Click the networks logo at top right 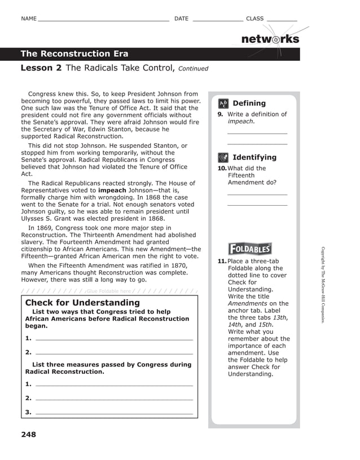pyautogui.click(x=270, y=39)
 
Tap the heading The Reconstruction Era pyautogui.click(x=74, y=54)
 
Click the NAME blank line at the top pyautogui.click(x=103, y=20)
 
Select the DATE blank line pyautogui.click(x=218, y=20)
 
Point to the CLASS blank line pyautogui.click(x=282, y=20)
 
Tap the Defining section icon pyautogui.click(x=223, y=103)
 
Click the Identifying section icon pyautogui.click(x=223, y=157)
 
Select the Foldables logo pyautogui.click(x=250, y=249)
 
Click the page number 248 pyautogui.click(x=28, y=435)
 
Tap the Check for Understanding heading pyautogui.click(x=82, y=303)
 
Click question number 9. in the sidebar pyautogui.click(x=221, y=114)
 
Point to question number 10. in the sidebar pyautogui.click(x=222, y=169)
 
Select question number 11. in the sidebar pyautogui.click(x=222, y=262)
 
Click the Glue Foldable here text pyautogui.click(x=109, y=291)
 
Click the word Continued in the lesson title pyautogui.click(x=193, y=69)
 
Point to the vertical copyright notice pyautogui.click(x=323, y=285)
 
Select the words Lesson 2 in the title pyautogui.click(x=41, y=68)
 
